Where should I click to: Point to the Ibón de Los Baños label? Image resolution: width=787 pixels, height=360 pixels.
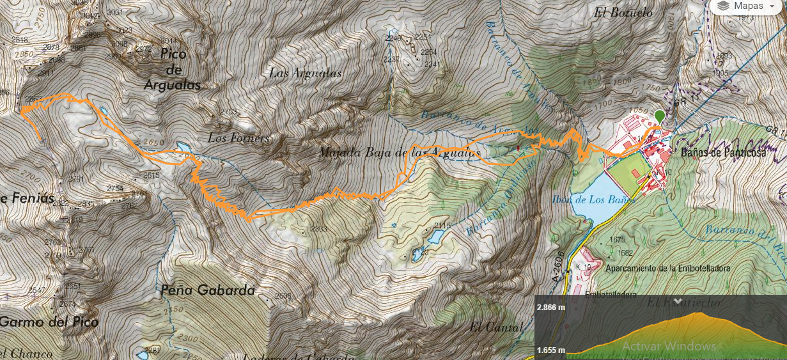click(593, 200)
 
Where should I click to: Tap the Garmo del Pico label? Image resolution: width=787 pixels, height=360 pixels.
click(49, 322)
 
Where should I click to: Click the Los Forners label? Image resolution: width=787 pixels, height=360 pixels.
click(238, 138)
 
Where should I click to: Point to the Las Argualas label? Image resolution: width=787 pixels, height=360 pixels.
click(305, 73)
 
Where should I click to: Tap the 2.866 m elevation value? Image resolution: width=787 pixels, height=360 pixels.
click(550, 307)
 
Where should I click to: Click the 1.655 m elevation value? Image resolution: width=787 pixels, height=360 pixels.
click(550, 350)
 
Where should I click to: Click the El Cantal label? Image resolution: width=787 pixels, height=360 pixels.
click(495, 327)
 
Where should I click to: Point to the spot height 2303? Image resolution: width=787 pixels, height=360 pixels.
click(319, 228)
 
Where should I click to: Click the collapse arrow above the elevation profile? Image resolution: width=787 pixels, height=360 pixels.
click(678, 301)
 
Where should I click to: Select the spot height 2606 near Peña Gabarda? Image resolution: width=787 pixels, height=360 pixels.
click(283, 295)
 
